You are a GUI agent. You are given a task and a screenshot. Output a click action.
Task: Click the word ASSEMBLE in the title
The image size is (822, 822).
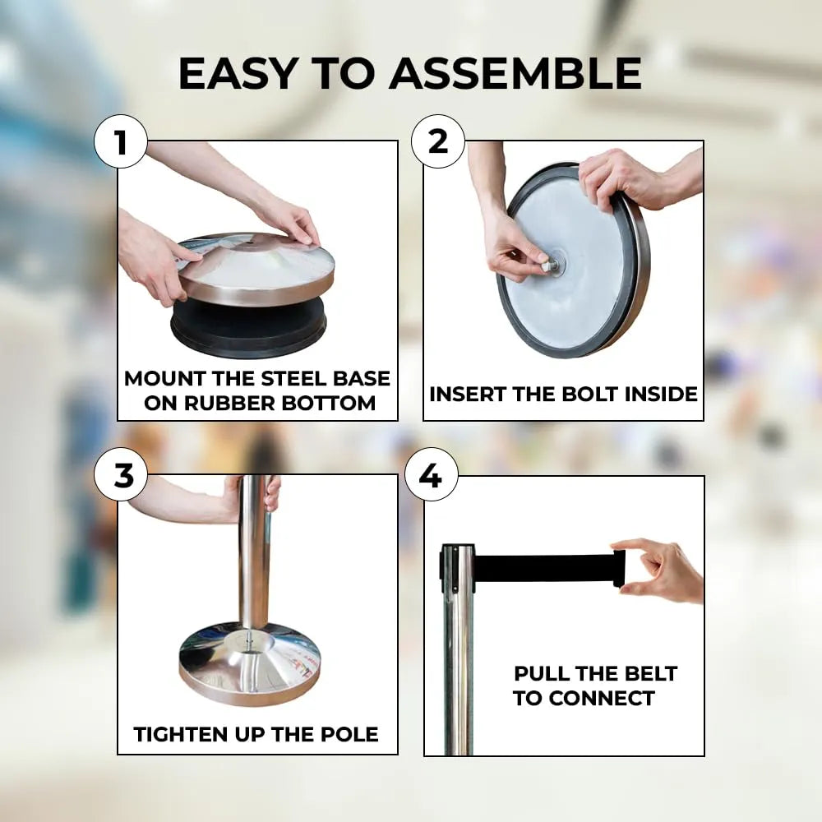click(x=515, y=73)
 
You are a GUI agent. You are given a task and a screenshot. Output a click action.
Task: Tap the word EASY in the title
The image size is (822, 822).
click(x=239, y=73)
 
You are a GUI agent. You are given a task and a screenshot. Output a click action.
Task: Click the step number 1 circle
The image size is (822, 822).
click(x=121, y=141)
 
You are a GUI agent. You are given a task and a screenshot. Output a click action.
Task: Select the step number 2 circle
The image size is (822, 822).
click(x=438, y=141)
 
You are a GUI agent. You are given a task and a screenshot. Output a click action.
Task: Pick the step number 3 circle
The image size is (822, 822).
click(x=121, y=475)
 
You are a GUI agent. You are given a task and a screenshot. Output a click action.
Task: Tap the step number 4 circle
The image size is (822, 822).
click(x=432, y=475)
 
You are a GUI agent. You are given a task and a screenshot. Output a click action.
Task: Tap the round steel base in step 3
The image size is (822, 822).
click(x=250, y=663)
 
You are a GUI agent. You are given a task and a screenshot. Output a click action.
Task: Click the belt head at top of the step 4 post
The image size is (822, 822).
click(x=457, y=568)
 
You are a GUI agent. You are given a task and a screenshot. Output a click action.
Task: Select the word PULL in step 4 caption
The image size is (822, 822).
click(x=538, y=674)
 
